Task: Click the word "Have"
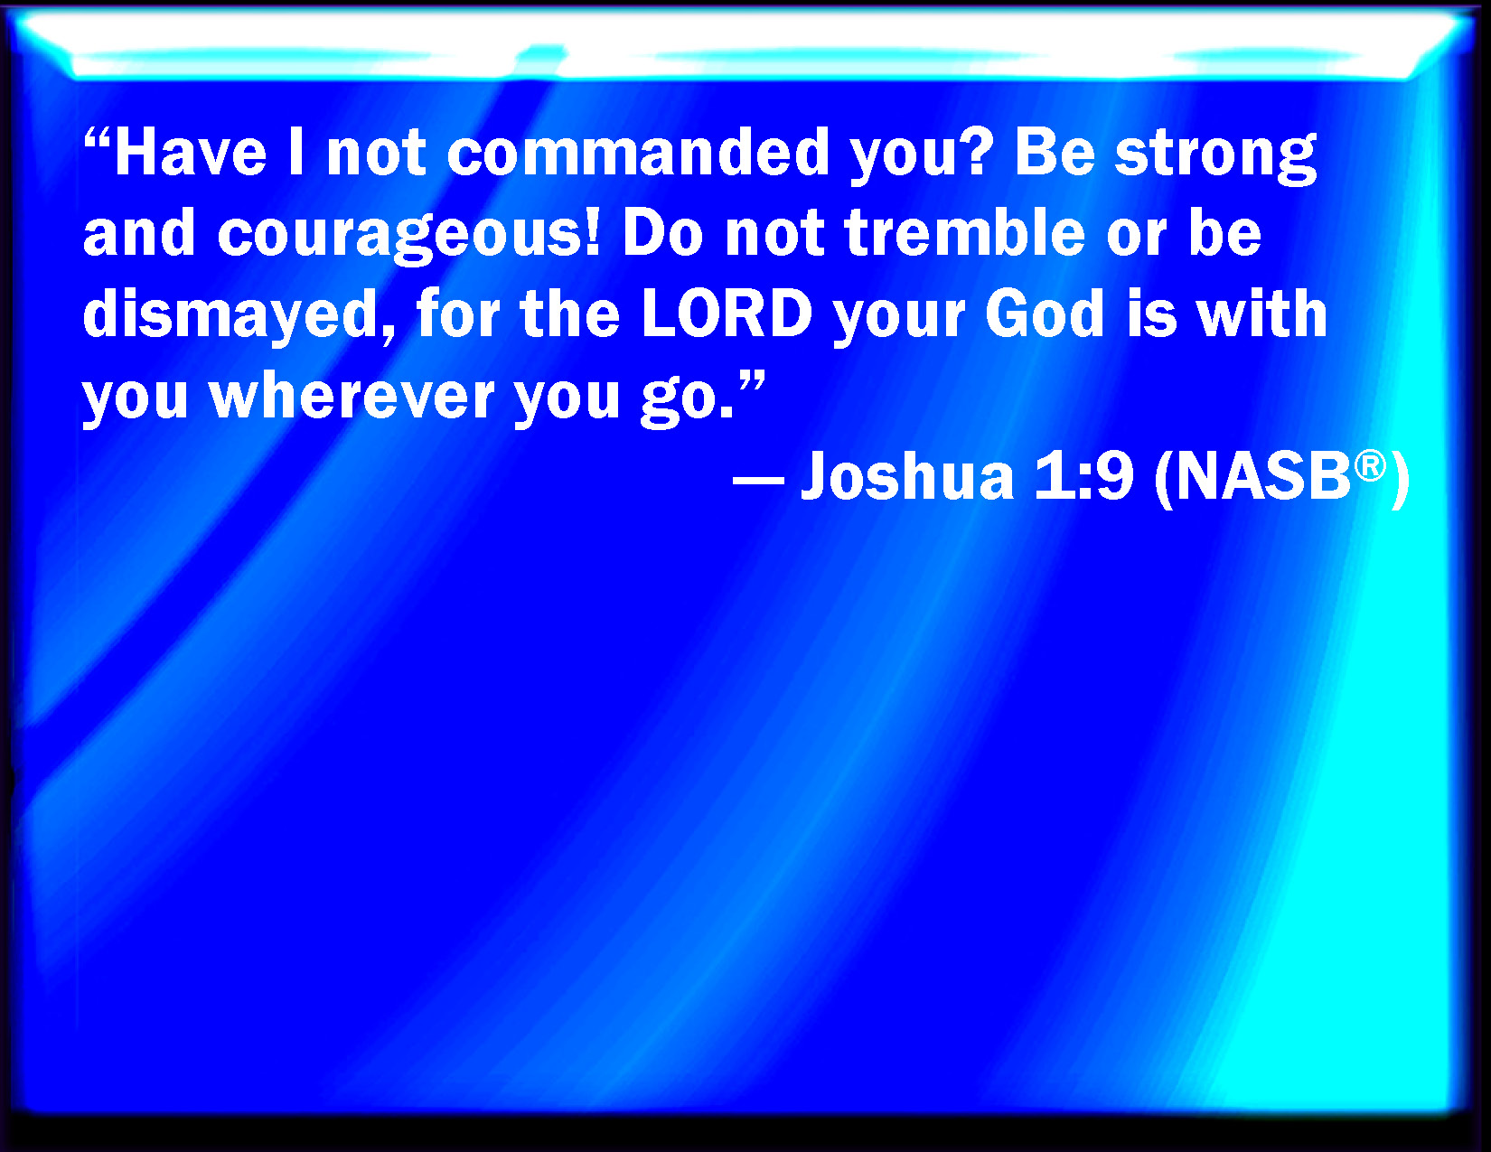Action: [191, 153]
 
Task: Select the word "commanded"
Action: [638, 153]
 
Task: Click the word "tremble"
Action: [965, 233]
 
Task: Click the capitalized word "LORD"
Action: [727, 314]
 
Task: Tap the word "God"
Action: [1045, 314]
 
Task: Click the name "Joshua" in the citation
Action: [907, 476]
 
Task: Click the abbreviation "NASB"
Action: [1263, 476]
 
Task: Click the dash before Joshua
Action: [757, 479]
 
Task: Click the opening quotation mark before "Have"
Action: [97, 139]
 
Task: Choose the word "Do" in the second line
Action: [662, 233]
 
